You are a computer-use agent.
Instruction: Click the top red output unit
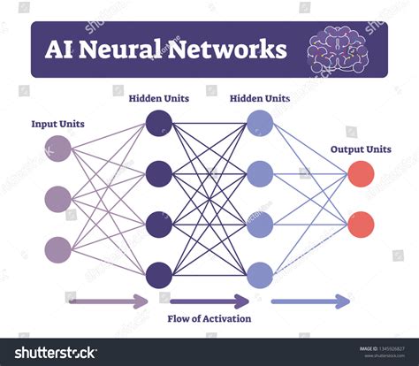360,173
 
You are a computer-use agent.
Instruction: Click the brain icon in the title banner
341,51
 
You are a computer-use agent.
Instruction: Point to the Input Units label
58,124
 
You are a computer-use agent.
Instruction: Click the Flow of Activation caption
209,318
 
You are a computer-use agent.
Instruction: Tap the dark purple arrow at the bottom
209,301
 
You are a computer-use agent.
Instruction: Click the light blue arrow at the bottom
310,301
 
